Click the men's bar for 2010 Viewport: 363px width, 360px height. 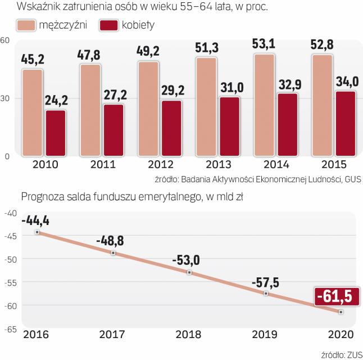(x=32, y=112)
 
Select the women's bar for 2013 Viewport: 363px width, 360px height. (x=229, y=126)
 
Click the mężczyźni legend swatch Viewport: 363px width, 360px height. (x=25, y=25)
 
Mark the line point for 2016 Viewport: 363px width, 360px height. (x=37, y=232)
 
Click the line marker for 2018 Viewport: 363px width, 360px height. (x=189, y=272)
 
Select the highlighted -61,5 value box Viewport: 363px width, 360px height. (x=335, y=295)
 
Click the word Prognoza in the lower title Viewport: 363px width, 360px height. (x=40, y=197)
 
